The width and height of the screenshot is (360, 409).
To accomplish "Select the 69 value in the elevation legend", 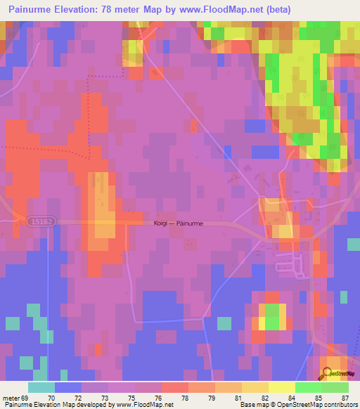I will (x=27, y=397).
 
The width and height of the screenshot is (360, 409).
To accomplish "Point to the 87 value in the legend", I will (x=344, y=397).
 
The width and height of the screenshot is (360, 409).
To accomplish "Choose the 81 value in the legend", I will (x=229, y=397).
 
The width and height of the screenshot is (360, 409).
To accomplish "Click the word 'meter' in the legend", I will (x=11, y=397).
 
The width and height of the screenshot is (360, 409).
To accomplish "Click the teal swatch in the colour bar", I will (x=41, y=387).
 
